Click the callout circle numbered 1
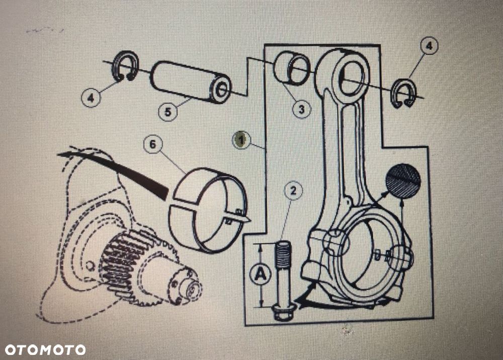tap(241, 140)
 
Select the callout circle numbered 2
tap(294, 191)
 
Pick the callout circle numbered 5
tap(168, 111)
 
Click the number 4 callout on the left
tap(91, 97)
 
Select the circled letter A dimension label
tap(260, 274)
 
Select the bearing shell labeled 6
tap(208, 209)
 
